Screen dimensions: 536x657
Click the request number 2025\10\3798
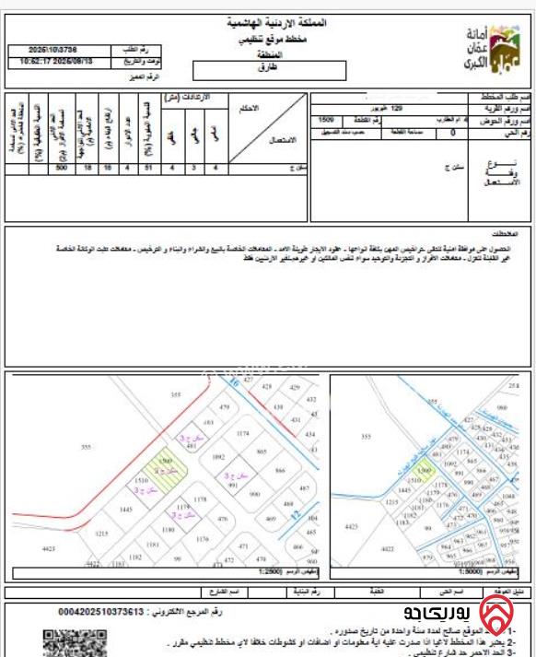(54, 49)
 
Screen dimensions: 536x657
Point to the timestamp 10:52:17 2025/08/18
(55, 62)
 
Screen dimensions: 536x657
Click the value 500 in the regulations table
(62, 168)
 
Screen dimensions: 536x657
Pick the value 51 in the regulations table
(149, 168)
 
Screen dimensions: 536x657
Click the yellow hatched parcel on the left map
(169, 473)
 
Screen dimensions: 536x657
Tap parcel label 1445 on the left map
(127, 509)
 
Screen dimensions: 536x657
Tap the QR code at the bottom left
(60, 640)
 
